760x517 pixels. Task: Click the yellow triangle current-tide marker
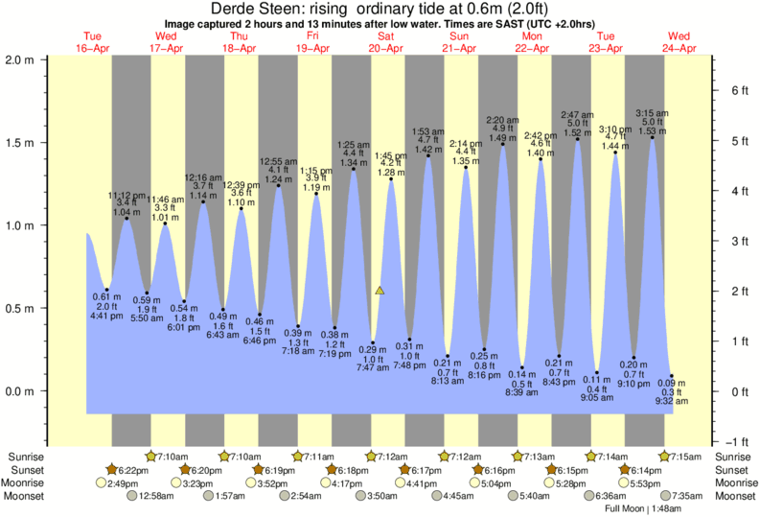(380, 290)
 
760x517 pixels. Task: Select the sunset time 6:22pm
(131, 470)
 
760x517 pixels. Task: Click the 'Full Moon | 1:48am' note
(642, 509)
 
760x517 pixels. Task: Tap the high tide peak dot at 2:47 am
(578, 140)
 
